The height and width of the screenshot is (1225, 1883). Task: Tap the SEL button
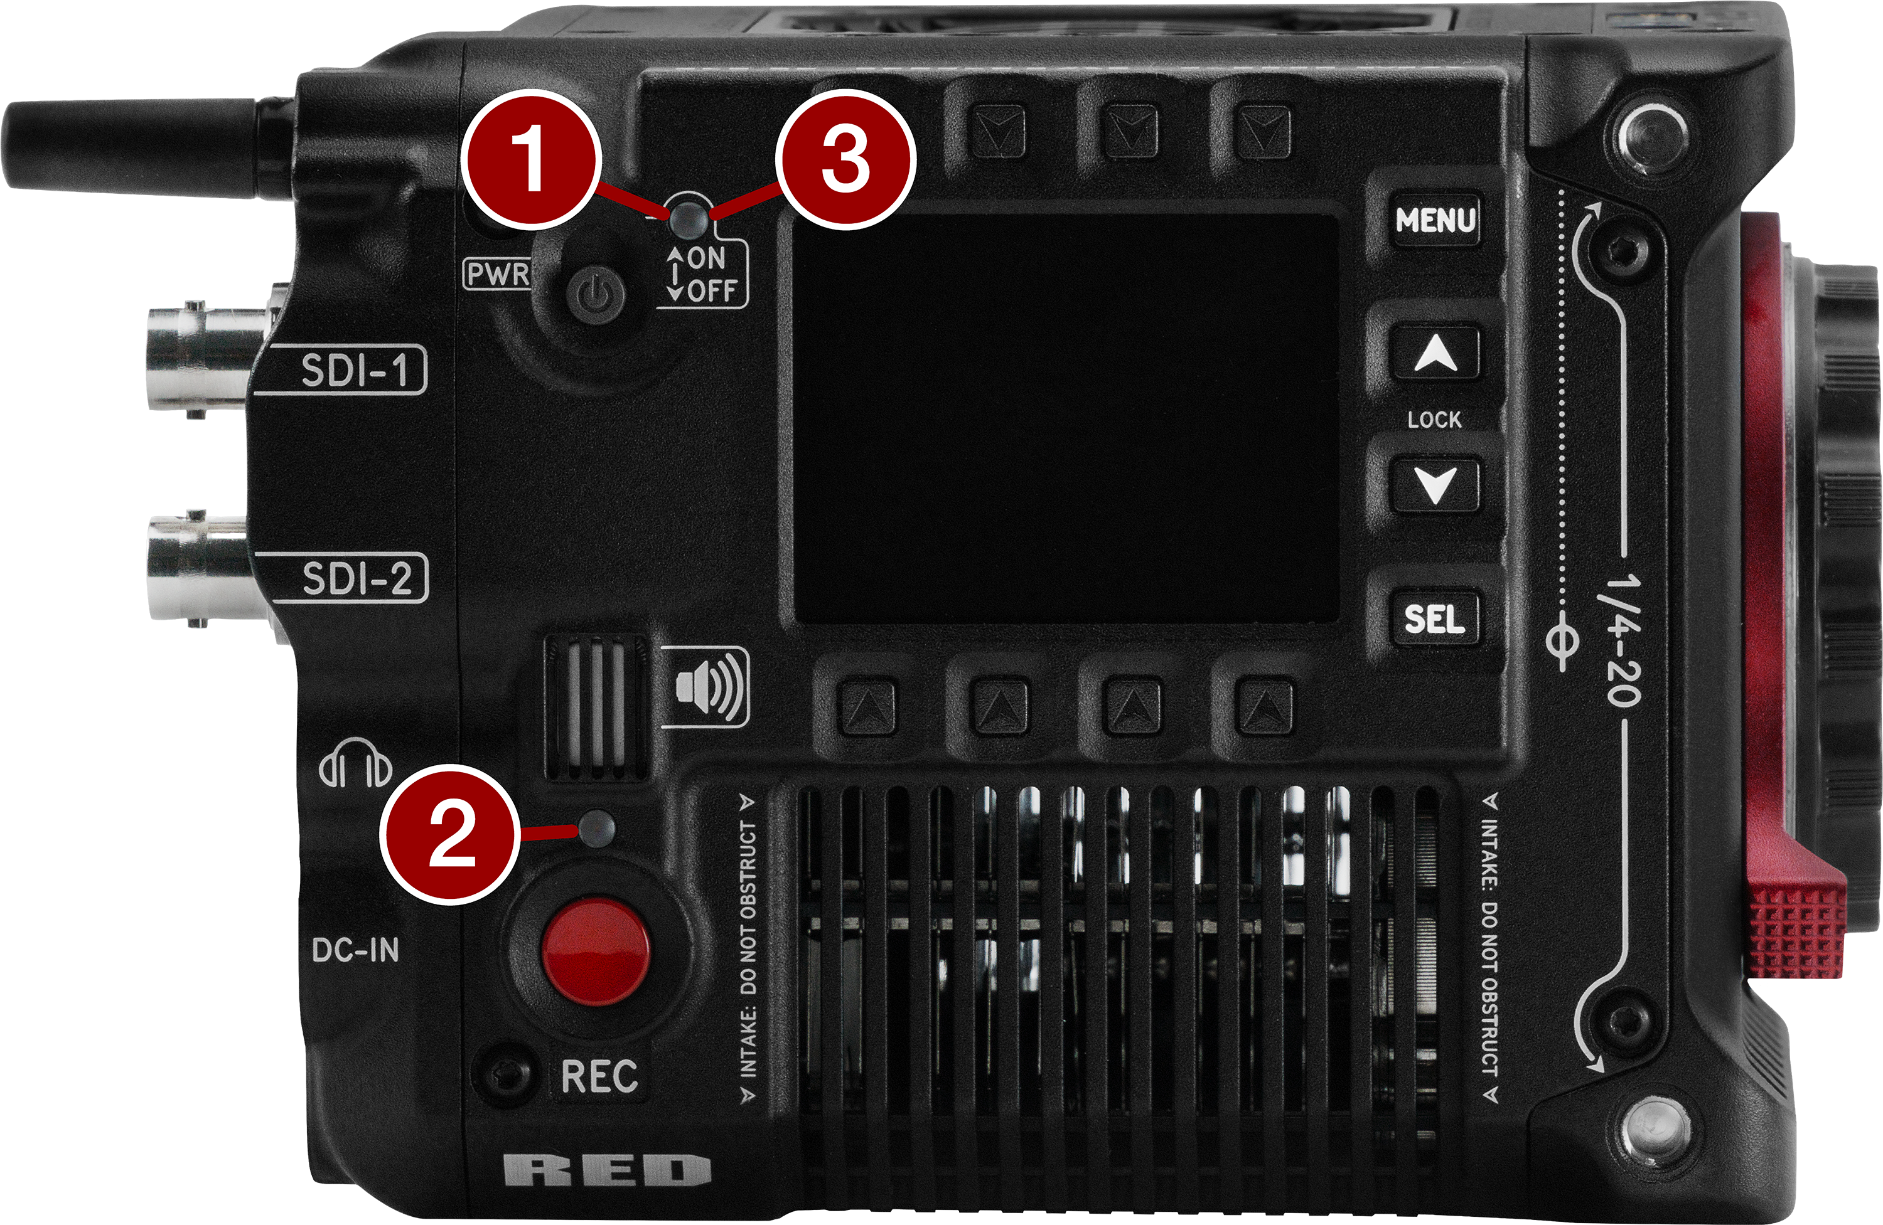[x=1434, y=618]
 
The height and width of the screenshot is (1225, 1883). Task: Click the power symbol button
[x=596, y=297]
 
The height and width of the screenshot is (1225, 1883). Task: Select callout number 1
[x=528, y=161]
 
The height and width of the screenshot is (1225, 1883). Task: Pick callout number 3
[x=845, y=161]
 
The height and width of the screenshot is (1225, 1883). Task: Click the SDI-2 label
[x=358, y=578]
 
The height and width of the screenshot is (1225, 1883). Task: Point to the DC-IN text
[x=355, y=950]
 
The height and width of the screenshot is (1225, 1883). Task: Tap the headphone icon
[x=355, y=763]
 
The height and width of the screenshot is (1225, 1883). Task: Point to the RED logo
[x=607, y=1170]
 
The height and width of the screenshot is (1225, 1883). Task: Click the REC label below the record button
[x=599, y=1076]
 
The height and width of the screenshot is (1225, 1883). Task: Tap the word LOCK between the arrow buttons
[x=1434, y=419]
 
